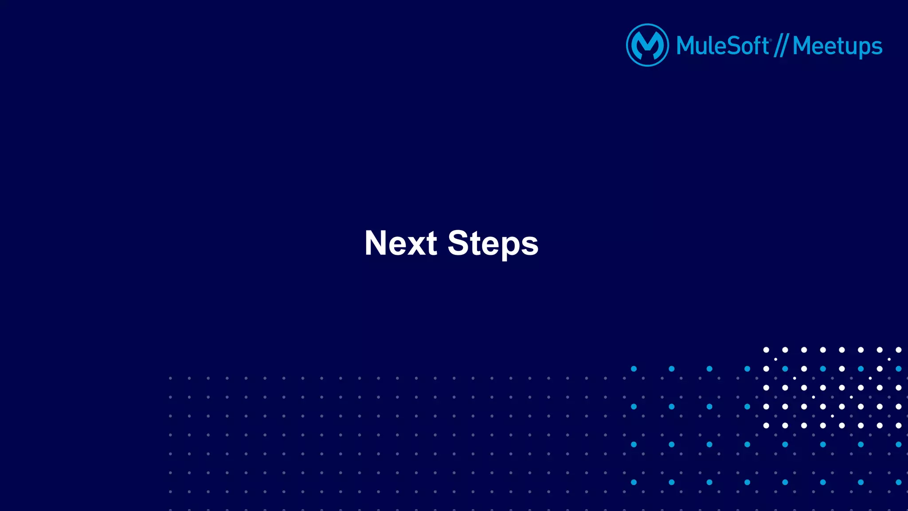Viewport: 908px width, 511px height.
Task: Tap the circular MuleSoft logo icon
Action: [x=647, y=45]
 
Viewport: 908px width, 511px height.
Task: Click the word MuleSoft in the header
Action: [x=722, y=46]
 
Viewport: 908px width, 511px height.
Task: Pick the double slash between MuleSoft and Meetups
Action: [x=781, y=46]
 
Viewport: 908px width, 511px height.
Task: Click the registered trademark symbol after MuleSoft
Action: [x=771, y=40]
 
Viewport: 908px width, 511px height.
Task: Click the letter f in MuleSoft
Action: [x=757, y=45]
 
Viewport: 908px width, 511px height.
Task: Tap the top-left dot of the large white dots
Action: [x=766, y=350]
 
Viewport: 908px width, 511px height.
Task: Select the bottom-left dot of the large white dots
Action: [x=766, y=425]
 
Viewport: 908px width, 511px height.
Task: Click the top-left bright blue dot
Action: [x=634, y=369]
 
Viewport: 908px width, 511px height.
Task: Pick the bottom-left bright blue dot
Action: [x=634, y=482]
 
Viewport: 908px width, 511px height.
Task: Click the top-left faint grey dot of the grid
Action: [x=170, y=378]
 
